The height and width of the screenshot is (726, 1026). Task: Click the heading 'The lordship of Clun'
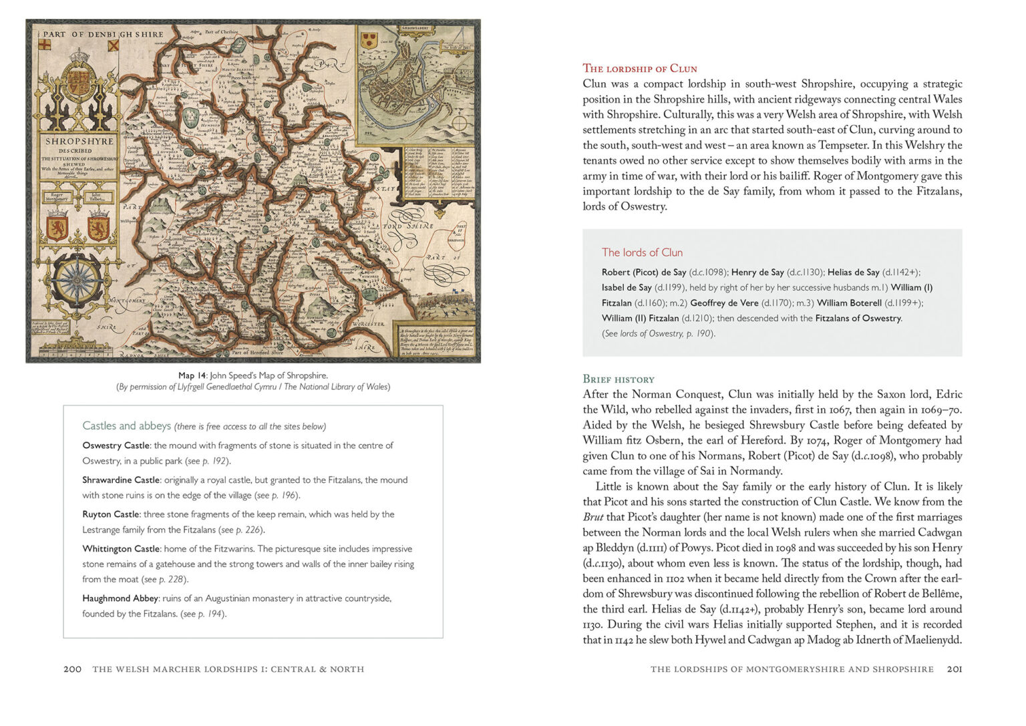tap(639, 68)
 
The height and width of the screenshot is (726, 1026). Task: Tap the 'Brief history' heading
tap(618, 379)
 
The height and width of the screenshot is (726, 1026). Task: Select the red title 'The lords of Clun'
tap(642, 252)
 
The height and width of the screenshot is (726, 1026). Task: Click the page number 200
tap(72, 669)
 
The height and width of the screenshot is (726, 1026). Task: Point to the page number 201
tap(955, 669)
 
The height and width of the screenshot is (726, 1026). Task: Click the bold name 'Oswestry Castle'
tap(116, 445)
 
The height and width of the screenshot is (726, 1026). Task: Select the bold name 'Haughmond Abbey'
tap(120, 598)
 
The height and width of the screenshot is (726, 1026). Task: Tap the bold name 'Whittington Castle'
tap(121, 549)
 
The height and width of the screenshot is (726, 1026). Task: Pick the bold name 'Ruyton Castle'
tap(111, 514)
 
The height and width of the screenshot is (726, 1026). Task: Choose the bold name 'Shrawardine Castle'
tap(121, 480)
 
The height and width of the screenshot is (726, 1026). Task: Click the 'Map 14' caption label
tap(192, 375)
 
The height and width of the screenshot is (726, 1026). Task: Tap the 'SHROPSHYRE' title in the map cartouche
tap(79, 142)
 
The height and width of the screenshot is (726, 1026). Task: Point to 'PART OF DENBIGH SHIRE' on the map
tap(104, 34)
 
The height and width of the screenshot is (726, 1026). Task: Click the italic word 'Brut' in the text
tap(592, 517)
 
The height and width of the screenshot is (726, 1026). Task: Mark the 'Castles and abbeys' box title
tap(126, 425)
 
